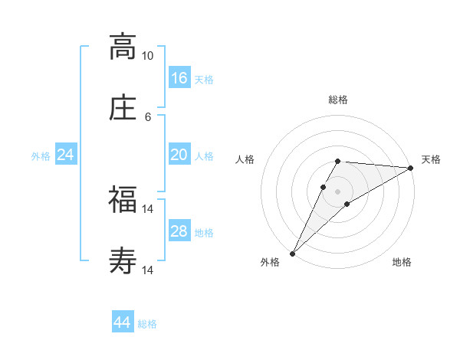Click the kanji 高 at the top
coord(123,47)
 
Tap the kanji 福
coord(123,200)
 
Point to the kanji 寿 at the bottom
coord(123,261)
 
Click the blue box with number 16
coord(179,78)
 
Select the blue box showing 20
coord(179,155)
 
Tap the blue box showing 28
coord(179,231)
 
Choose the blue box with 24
coord(66,155)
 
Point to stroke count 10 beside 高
coord(147,56)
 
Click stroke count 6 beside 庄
coord(147,116)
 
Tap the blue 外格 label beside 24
coord(41,156)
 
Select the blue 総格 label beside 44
coord(147,324)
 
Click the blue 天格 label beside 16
coord(204,79)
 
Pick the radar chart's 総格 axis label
coord(338,100)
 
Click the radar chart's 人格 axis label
coord(245,160)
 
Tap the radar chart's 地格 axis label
coord(402,263)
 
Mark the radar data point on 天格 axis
coord(411,168)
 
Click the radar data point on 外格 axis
coord(292,254)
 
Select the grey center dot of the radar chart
coord(338,191)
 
